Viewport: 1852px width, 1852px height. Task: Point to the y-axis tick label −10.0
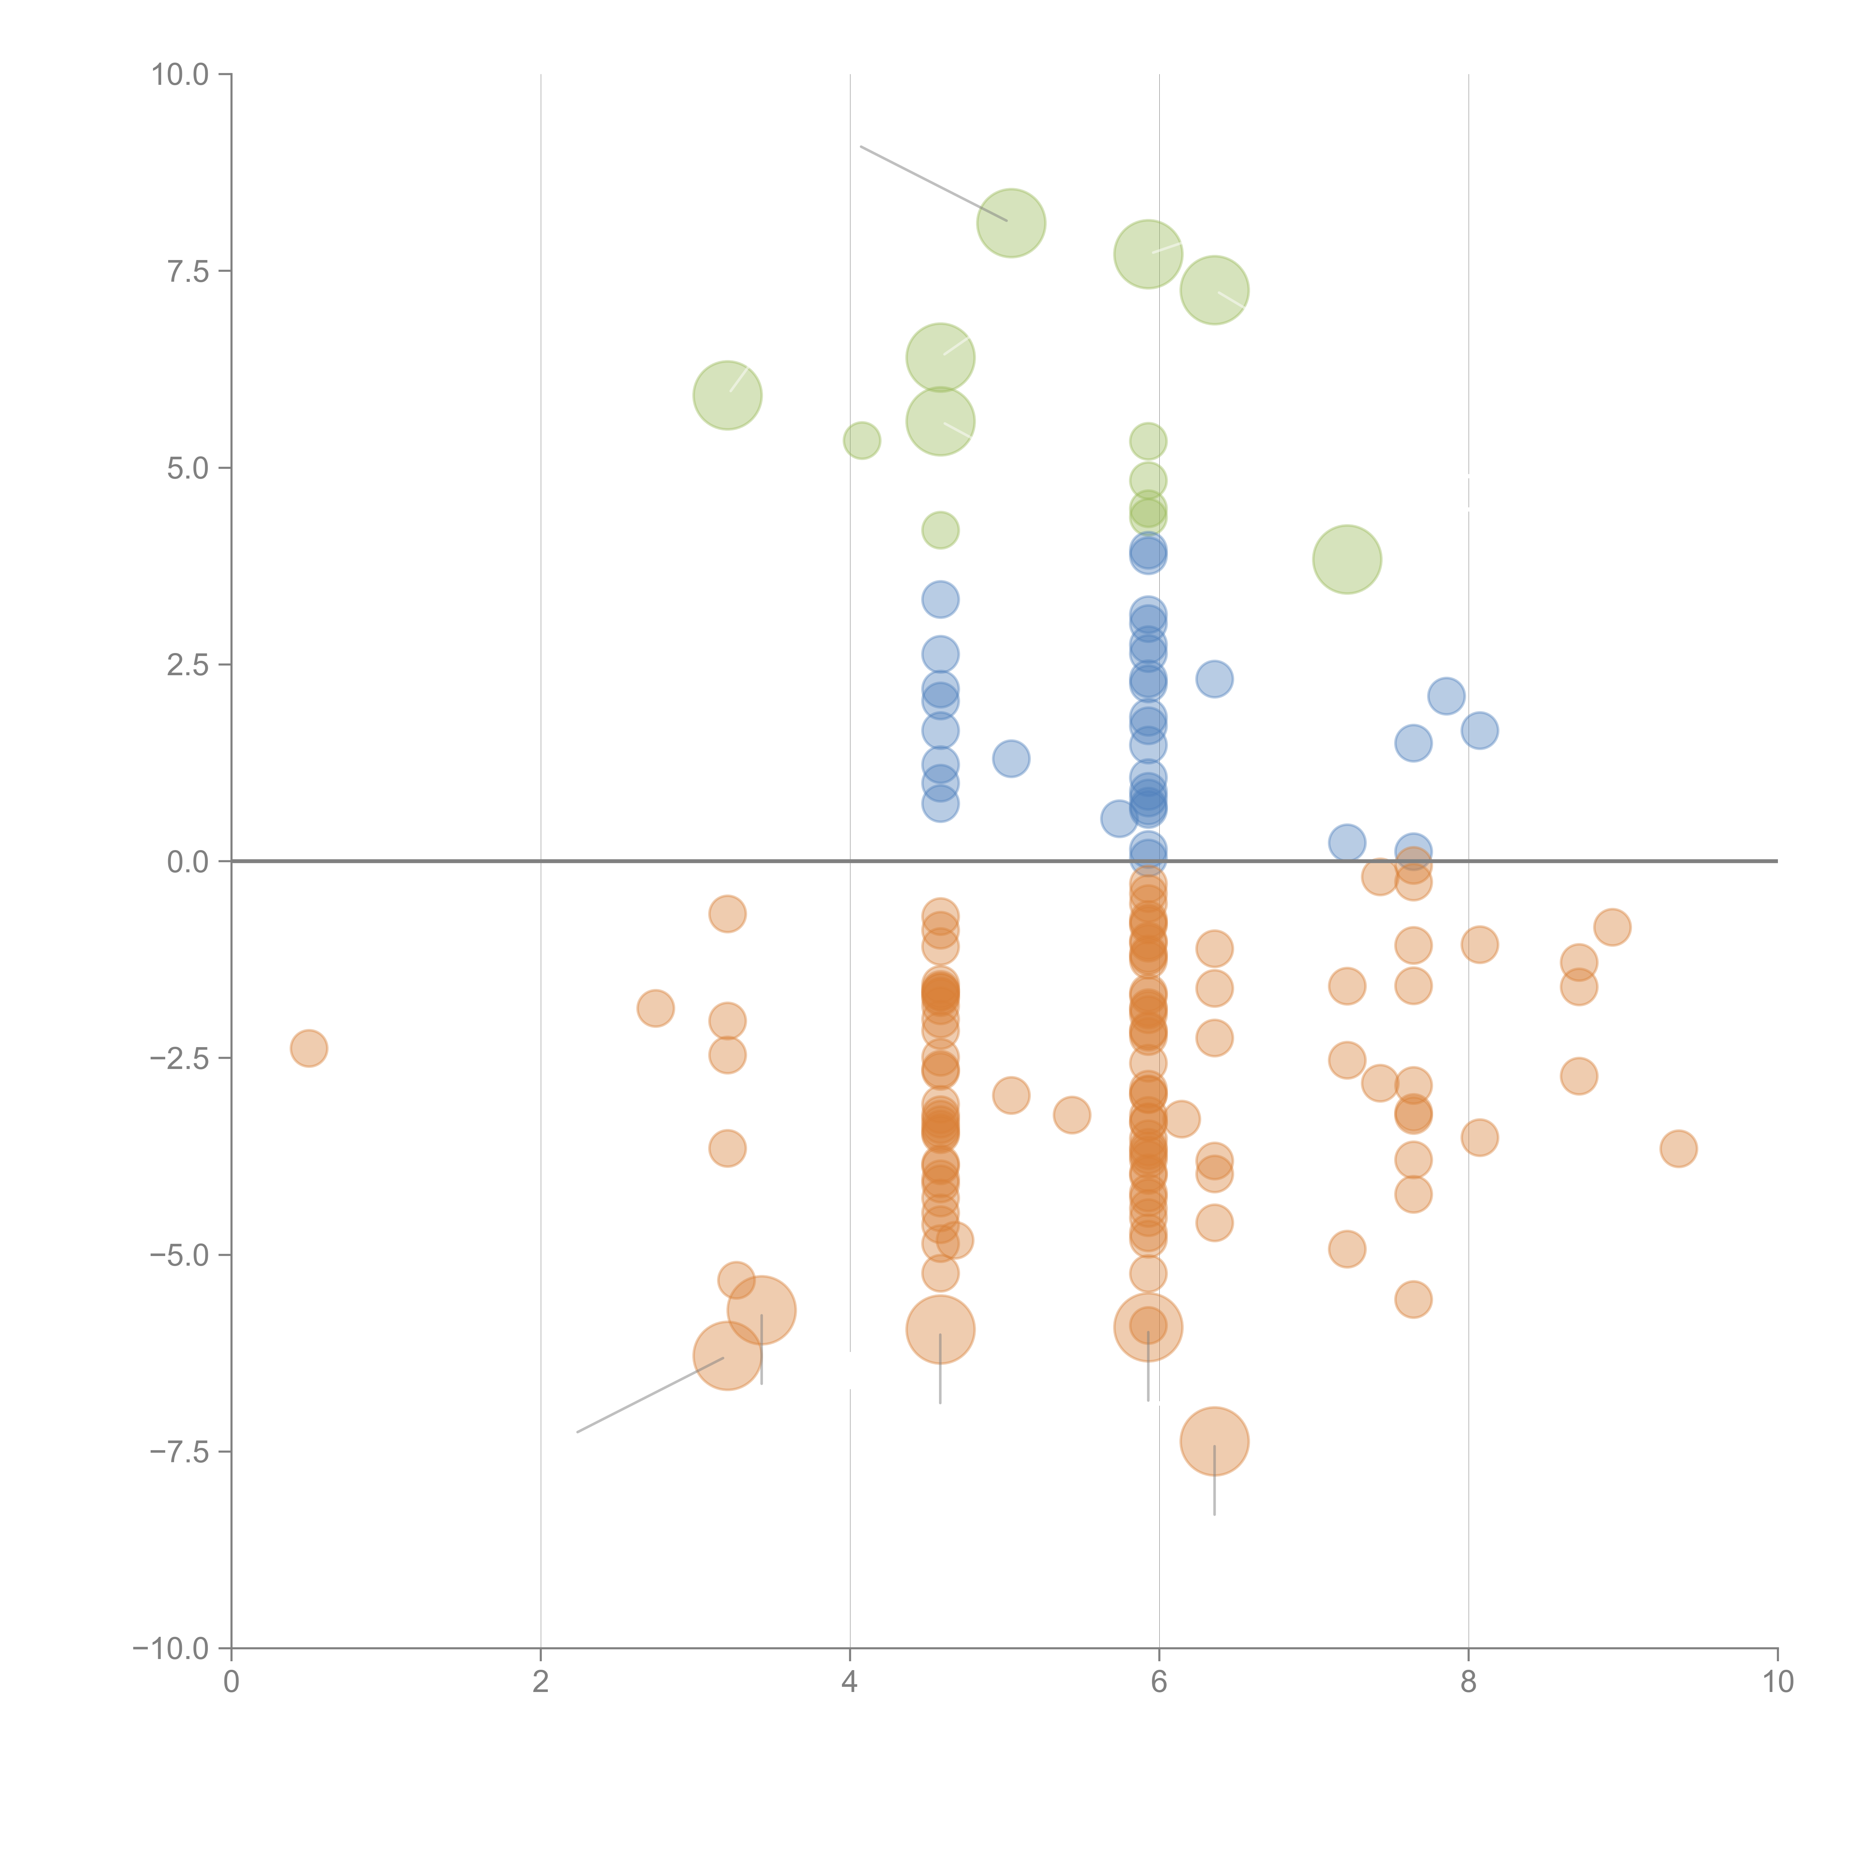coord(171,1649)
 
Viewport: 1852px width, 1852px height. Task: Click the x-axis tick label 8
coord(1469,1682)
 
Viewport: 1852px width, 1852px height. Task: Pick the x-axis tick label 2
coord(541,1682)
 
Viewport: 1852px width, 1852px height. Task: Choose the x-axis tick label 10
coord(1777,1682)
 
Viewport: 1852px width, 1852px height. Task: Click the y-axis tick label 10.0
coord(180,75)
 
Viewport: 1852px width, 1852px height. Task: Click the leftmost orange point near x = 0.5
coord(309,1048)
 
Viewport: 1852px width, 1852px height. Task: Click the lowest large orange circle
coord(1215,1441)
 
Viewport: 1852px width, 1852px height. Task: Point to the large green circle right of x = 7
coord(1347,559)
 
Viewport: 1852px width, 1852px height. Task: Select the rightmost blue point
coord(1480,730)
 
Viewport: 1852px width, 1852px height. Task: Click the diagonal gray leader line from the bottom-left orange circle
coord(652,1395)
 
